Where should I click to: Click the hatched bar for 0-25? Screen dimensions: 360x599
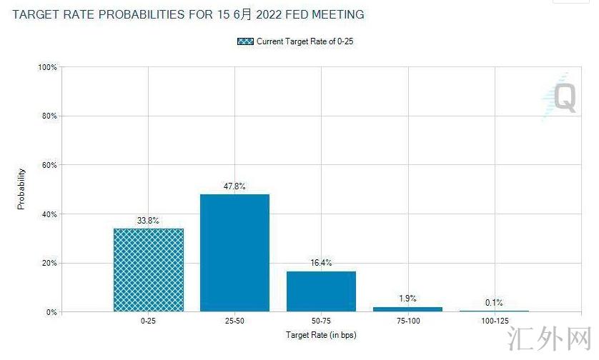click(x=149, y=270)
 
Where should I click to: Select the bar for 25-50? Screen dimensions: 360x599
click(x=235, y=253)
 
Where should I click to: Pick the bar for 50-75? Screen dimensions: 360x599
click(x=322, y=291)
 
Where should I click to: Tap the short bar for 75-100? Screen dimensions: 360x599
click(x=408, y=309)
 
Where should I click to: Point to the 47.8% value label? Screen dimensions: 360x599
click(x=235, y=186)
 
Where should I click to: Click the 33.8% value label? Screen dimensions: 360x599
click(x=149, y=221)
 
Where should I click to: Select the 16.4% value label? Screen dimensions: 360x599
click(x=322, y=264)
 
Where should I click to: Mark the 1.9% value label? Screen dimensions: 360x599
click(x=408, y=299)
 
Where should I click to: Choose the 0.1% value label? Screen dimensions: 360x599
click(x=494, y=303)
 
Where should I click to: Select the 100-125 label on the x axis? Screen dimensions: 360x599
click(x=494, y=322)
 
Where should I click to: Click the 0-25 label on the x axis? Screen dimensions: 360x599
click(x=149, y=322)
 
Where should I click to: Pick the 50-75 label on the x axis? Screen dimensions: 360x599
click(x=322, y=322)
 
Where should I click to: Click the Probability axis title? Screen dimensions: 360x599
click(x=21, y=189)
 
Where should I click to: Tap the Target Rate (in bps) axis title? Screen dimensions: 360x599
click(x=320, y=334)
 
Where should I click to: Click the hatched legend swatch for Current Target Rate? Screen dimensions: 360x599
click(x=246, y=41)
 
